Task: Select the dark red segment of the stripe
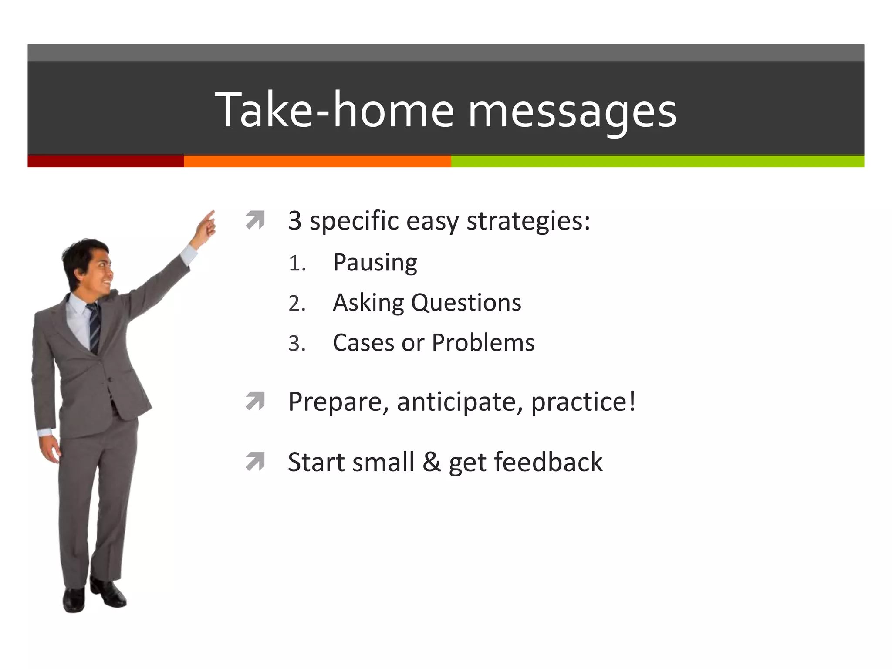click(x=105, y=161)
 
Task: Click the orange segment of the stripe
click(x=317, y=161)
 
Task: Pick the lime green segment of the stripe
click(x=657, y=161)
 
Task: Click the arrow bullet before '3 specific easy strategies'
click(x=255, y=220)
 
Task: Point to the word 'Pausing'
click(x=375, y=263)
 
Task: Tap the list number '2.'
click(x=297, y=304)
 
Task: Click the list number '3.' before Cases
click(x=297, y=344)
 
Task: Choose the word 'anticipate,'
click(x=460, y=402)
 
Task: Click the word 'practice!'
click(x=583, y=402)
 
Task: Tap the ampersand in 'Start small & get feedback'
click(x=431, y=462)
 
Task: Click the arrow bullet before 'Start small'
click(x=255, y=462)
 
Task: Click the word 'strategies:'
click(x=528, y=221)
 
